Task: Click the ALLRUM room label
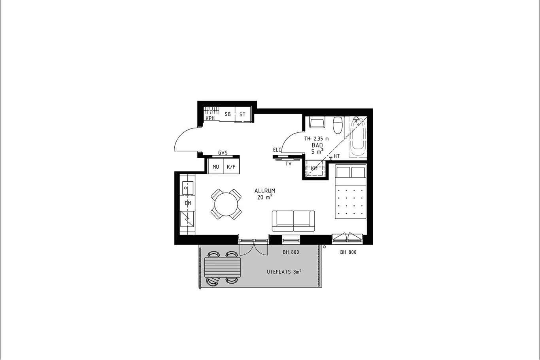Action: pos(265,191)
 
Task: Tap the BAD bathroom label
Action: pos(317,145)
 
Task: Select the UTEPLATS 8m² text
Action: pos(284,272)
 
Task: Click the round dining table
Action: pos(226,204)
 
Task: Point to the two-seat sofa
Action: pos(293,221)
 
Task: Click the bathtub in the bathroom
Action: pos(358,137)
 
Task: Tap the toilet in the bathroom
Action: pos(338,125)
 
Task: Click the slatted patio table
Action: pos(223,267)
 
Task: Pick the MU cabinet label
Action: pos(216,167)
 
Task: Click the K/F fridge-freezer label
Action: pos(231,167)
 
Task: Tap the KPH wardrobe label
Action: pos(210,118)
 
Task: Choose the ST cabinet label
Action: pos(242,115)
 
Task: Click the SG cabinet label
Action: pos(228,114)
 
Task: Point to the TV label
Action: pos(289,164)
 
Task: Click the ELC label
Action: pos(277,150)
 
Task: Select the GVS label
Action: pos(223,153)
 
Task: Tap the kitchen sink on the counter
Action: pos(187,188)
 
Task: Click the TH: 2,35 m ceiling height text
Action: pos(316,139)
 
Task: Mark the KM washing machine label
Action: pos(314,169)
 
